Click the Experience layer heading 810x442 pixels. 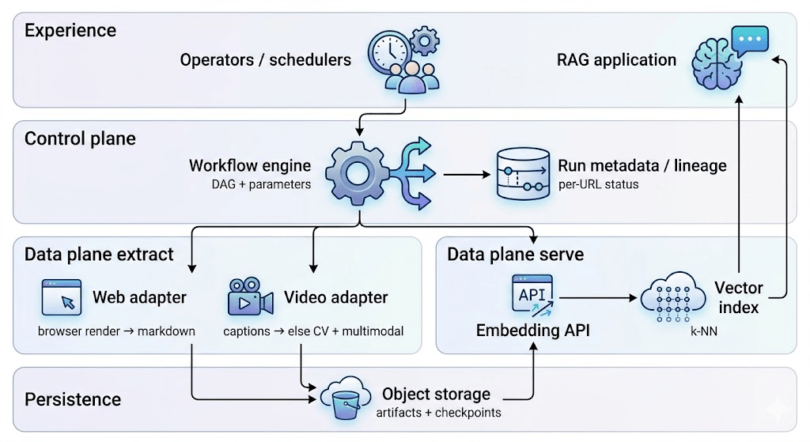(70, 31)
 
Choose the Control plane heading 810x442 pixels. (80, 138)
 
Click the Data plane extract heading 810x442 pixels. (99, 254)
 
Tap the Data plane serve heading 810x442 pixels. (515, 254)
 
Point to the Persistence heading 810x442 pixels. (73, 399)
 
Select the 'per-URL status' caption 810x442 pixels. (600, 184)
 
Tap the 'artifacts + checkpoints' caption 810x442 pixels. (438, 412)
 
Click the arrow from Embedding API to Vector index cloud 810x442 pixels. (599, 299)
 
